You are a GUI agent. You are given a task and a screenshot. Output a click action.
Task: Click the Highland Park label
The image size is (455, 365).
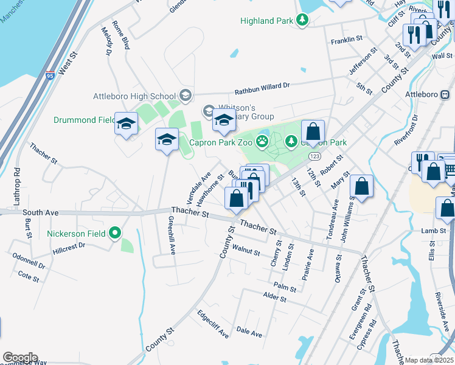click(266, 21)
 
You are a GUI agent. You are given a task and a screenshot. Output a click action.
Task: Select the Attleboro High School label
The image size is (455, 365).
click(134, 96)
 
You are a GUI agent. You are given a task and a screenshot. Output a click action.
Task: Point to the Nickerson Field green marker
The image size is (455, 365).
click(115, 233)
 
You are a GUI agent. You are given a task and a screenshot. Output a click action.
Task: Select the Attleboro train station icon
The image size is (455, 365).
click(445, 95)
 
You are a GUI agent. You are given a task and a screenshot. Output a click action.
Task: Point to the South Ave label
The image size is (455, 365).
click(40, 213)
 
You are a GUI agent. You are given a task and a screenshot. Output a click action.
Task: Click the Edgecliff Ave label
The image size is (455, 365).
click(213, 324)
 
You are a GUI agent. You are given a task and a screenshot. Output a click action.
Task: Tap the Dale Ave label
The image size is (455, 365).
click(249, 334)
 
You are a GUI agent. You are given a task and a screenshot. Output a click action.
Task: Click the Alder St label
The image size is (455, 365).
click(274, 297)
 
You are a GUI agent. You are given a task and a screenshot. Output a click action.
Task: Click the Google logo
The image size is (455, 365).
click(20, 358)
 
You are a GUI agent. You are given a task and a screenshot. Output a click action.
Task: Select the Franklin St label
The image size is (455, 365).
click(346, 40)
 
